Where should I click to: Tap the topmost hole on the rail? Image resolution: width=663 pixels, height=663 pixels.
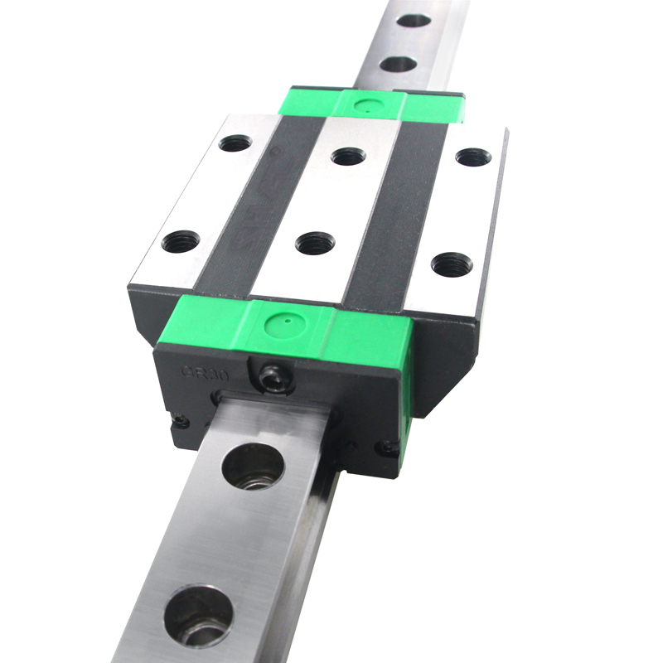point(414,20)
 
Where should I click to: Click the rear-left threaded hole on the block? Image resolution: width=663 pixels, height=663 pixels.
point(235,144)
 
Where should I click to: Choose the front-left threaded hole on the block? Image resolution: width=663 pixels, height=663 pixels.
point(181,242)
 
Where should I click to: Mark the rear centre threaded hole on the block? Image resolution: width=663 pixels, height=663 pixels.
point(348,156)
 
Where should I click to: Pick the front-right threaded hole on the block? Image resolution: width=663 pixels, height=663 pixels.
point(449,264)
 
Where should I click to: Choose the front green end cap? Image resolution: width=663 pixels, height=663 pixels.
point(290,331)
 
